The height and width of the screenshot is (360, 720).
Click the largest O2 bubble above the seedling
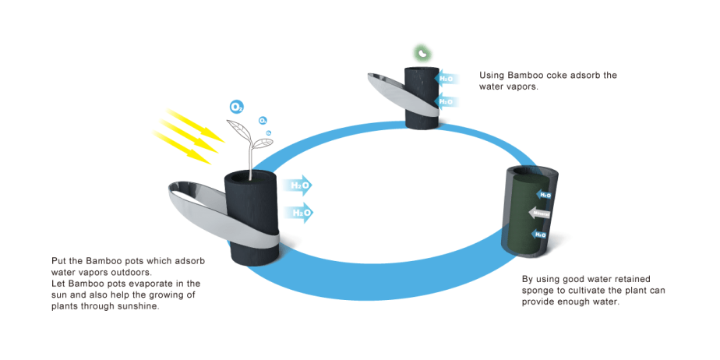tap(236, 106)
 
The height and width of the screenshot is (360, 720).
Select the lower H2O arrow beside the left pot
tap(298, 211)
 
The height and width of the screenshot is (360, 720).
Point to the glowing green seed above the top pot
tap(422, 54)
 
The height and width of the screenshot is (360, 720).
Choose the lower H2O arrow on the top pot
tap(446, 101)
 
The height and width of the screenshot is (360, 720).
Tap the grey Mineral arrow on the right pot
tap(541, 212)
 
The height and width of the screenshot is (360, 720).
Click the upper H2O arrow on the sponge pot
tap(545, 193)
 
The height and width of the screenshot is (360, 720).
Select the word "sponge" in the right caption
tap(542, 290)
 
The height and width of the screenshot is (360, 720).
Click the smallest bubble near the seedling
tap(269, 133)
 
